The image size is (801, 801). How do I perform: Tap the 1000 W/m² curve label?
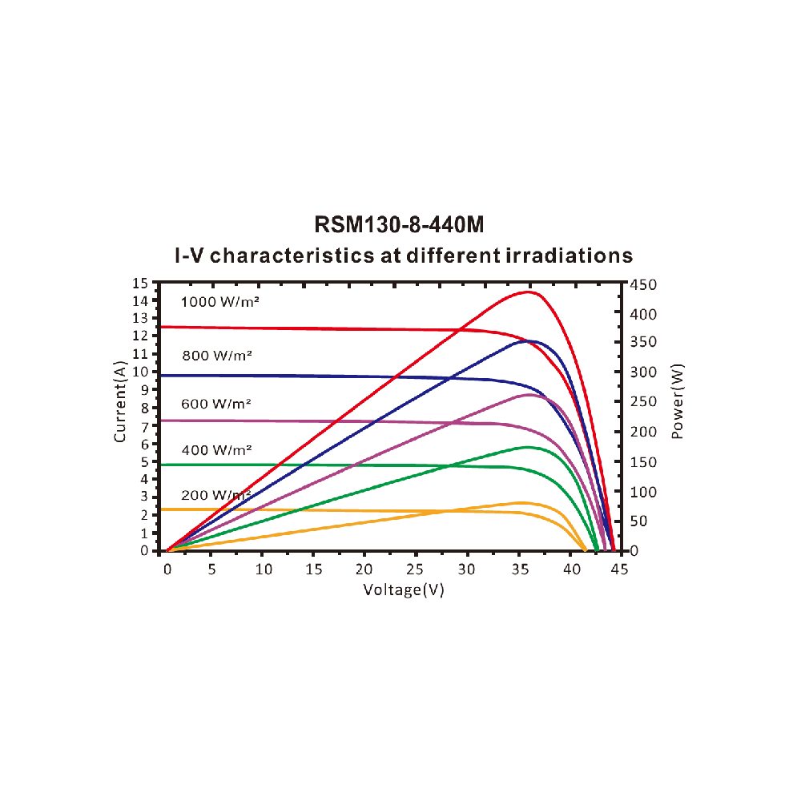221,302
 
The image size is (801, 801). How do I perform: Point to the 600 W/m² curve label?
216,405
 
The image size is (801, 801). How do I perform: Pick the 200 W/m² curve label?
216,495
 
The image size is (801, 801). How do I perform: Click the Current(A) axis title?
120,401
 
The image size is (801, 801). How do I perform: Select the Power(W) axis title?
678,400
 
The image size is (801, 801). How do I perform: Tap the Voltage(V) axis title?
404,590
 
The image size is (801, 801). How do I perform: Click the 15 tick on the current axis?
141,284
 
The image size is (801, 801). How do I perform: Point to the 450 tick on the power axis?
644,284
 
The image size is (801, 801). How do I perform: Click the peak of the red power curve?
529,292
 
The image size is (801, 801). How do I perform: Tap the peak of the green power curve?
527,447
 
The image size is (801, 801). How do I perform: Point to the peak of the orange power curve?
522,502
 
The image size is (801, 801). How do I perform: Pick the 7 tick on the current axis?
145,425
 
